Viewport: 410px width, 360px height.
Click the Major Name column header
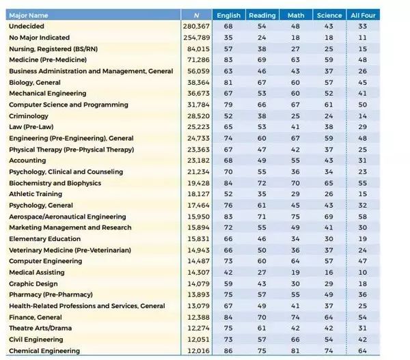pos(28,15)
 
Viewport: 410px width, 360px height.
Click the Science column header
pos(329,15)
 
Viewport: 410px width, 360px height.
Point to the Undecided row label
pos(27,26)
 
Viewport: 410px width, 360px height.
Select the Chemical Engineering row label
pos(44,350)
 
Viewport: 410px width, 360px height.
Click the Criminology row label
pos(29,115)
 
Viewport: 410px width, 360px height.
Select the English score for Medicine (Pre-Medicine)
pos(228,59)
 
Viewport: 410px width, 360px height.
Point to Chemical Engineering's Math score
pos(295,350)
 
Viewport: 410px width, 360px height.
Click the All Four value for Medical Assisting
pos(362,272)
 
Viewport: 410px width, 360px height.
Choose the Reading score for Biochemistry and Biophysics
pos(261,182)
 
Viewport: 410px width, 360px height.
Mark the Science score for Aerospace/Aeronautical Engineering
pos(329,216)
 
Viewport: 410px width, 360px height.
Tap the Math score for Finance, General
pos(295,317)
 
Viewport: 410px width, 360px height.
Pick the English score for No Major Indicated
pos(228,37)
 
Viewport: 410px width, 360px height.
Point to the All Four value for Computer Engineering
pos(362,261)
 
